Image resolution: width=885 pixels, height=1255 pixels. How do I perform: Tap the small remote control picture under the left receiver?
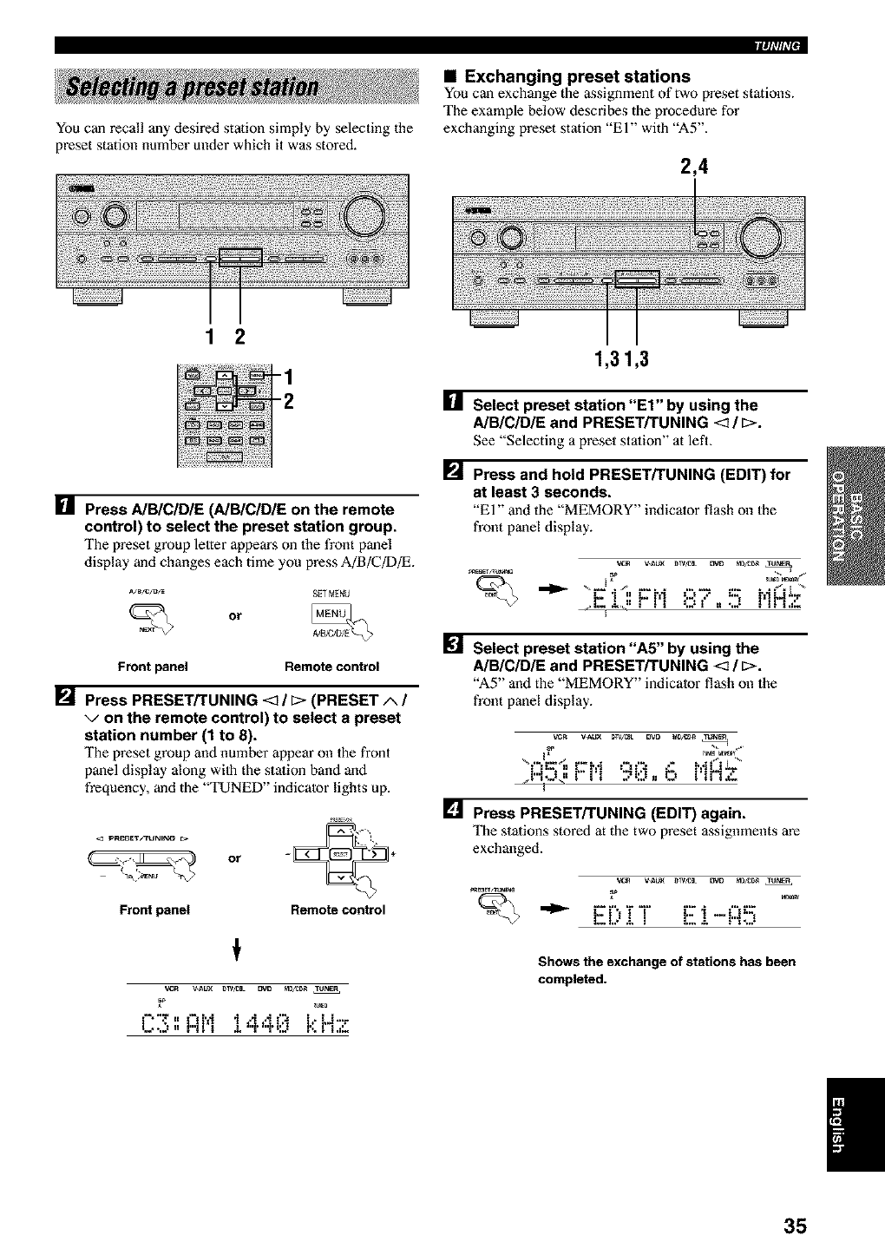tap(223, 415)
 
